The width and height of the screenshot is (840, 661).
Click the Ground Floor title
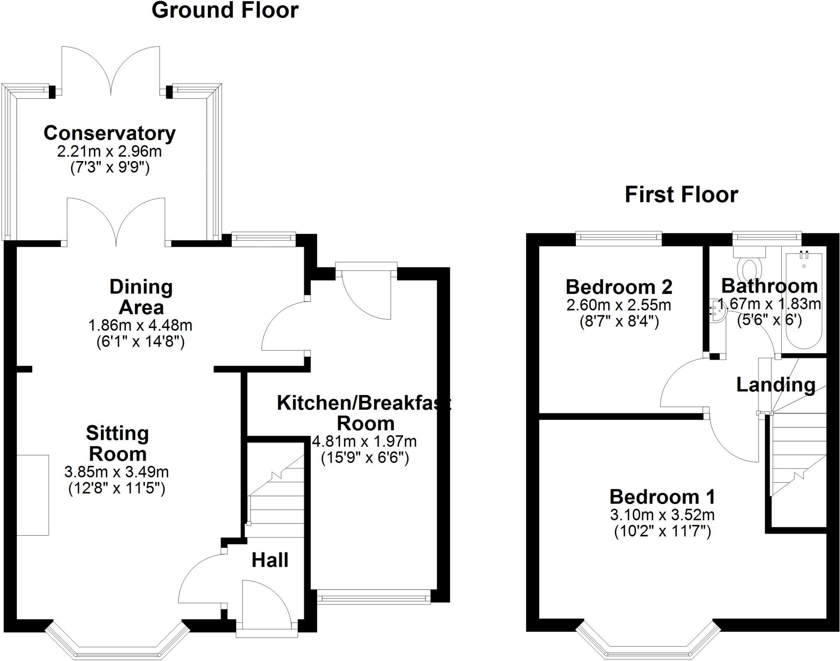[225, 10]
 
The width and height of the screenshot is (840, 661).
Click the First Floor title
[681, 195]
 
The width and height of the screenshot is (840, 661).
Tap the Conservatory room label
[110, 133]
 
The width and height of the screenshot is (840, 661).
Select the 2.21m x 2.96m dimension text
[110, 152]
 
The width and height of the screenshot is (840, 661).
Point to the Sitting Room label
[117, 443]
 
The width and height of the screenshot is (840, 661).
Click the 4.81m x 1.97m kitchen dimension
[364, 441]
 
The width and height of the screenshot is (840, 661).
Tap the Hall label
[269, 560]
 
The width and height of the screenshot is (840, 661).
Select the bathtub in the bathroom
[803, 301]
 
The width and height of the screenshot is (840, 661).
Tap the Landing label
[775, 385]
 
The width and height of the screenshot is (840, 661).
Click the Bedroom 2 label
[619, 287]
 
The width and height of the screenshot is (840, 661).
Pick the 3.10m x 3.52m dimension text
[662, 514]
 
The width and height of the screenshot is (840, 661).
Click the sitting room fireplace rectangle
[33, 495]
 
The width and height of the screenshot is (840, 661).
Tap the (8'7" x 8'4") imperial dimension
[619, 322]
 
